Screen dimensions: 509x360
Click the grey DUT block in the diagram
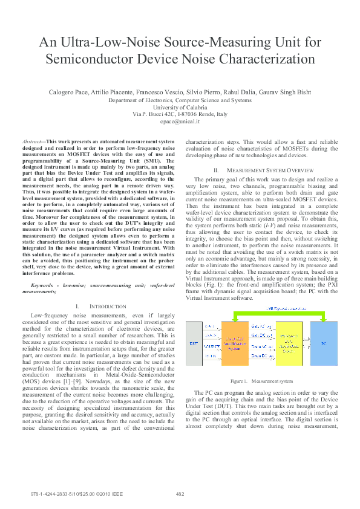pos(194,343)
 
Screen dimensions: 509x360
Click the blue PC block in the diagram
pos(324,343)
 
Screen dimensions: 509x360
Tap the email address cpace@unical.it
pos(180,122)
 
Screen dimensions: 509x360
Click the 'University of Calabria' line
pos(180,107)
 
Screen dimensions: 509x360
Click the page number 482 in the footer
pos(180,494)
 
